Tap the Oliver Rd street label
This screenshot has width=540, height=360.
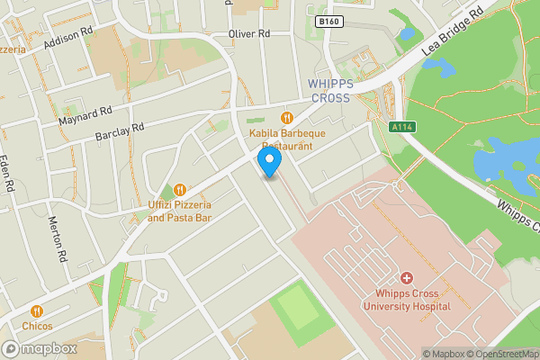[x=249, y=33]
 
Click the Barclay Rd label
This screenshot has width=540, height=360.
[x=120, y=132]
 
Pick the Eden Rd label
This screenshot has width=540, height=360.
[x=10, y=175]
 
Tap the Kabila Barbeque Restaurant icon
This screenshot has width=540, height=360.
[x=287, y=117]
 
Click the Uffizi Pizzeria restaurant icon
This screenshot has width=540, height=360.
[x=179, y=190]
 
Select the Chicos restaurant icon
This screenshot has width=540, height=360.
[x=37, y=310]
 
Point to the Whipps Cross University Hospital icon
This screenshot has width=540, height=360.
[x=406, y=278]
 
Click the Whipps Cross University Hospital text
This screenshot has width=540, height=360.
[x=406, y=300]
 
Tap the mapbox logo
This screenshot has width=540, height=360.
[x=40, y=348]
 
